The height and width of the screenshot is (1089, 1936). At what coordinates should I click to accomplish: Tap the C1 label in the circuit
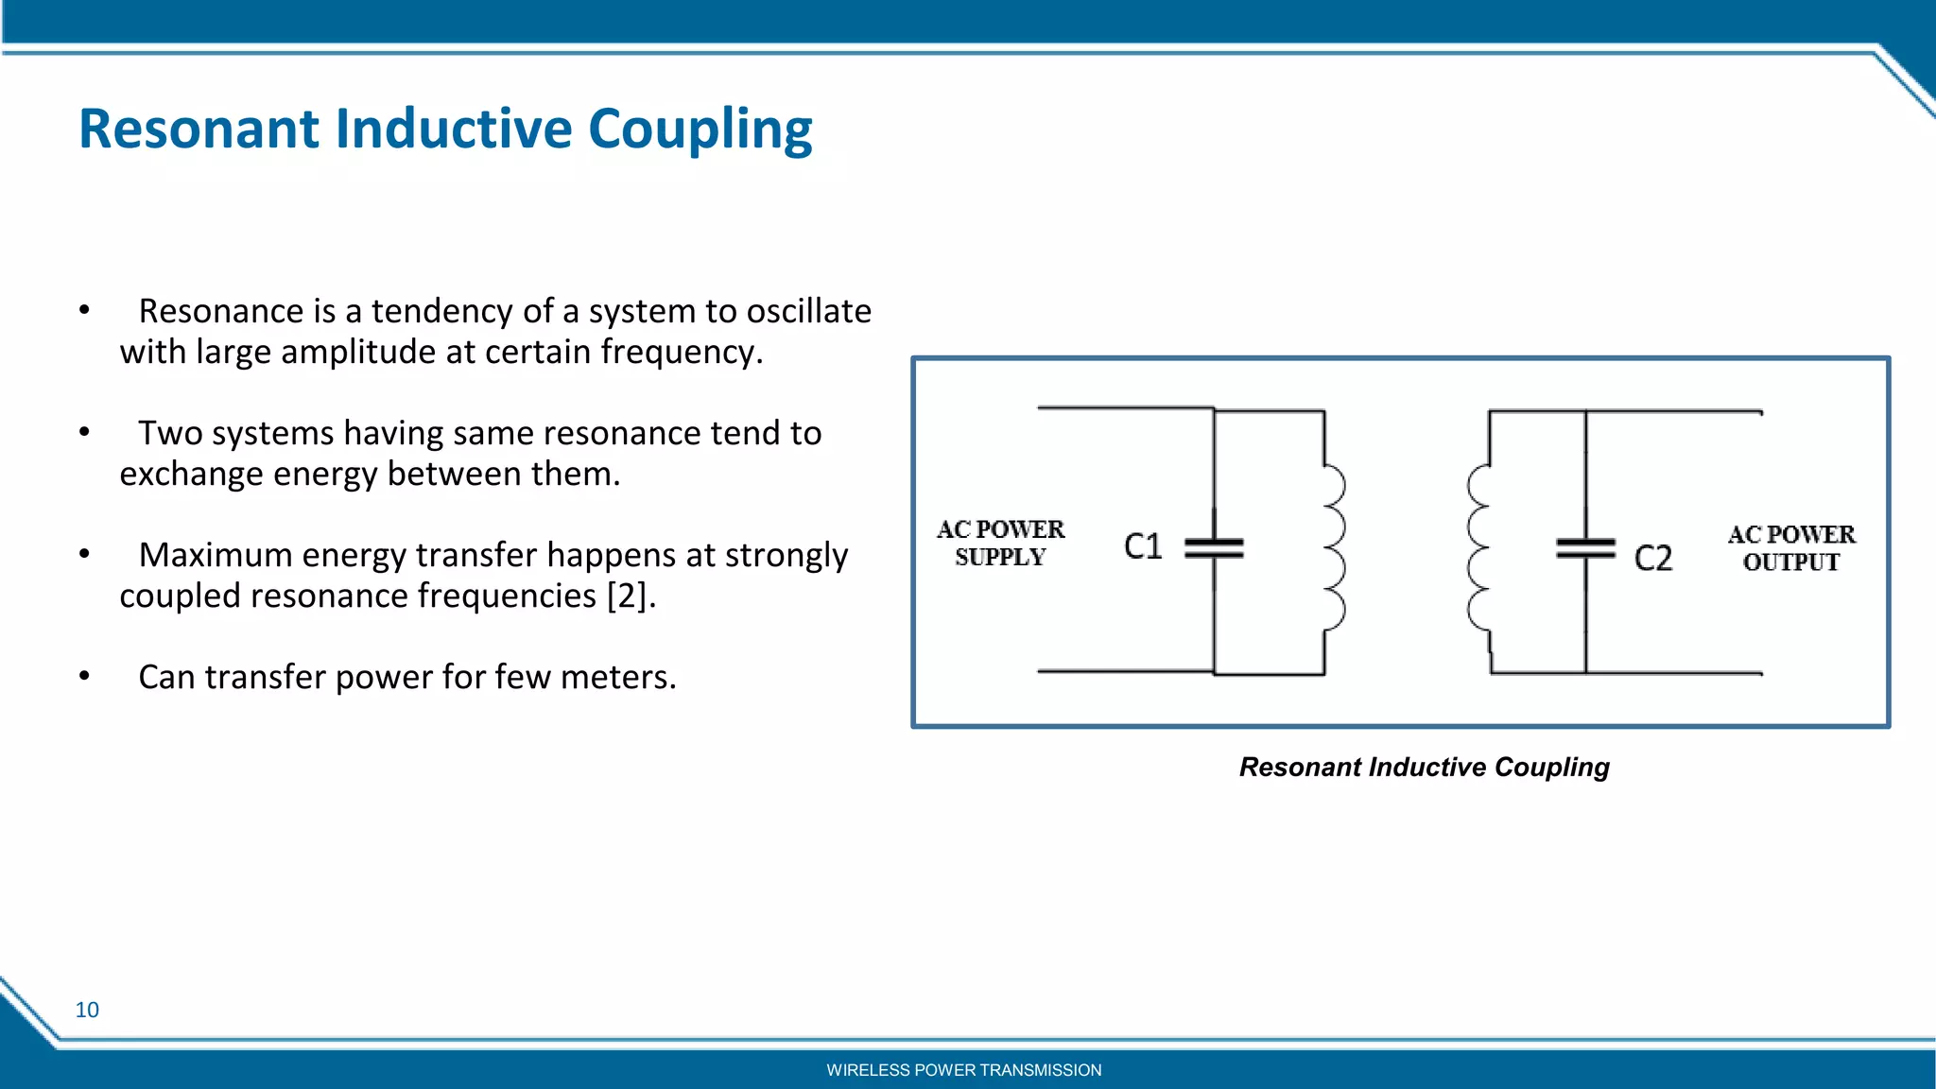(x=1142, y=546)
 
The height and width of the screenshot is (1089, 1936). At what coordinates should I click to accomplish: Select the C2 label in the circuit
(x=1652, y=558)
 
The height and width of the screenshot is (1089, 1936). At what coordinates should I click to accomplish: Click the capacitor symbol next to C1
(x=1214, y=547)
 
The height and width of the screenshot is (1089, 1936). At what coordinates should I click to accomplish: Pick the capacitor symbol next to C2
(x=1585, y=547)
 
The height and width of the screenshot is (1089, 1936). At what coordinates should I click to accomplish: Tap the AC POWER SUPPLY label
(x=1000, y=543)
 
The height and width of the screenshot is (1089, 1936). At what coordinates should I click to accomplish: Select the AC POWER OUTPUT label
(x=1790, y=548)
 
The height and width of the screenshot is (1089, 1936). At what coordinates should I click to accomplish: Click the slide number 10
(x=87, y=1010)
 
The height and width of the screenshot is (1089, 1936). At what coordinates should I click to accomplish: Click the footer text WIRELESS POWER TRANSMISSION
(x=963, y=1070)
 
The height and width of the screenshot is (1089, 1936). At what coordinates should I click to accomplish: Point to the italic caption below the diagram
(x=1424, y=767)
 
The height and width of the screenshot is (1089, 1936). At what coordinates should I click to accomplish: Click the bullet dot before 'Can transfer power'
(x=84, y=676)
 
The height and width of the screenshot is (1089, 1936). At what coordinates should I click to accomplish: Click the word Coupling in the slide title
(x=700, y=129)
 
